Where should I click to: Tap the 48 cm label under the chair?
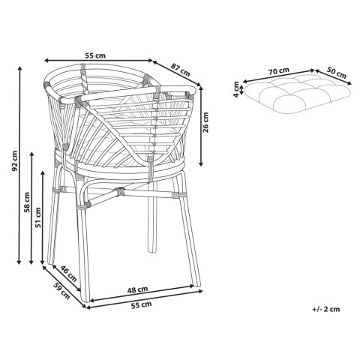[136, 289]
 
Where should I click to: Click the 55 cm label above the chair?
[94, 55]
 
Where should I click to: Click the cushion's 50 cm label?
[336, 74]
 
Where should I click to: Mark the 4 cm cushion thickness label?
[235, 91]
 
